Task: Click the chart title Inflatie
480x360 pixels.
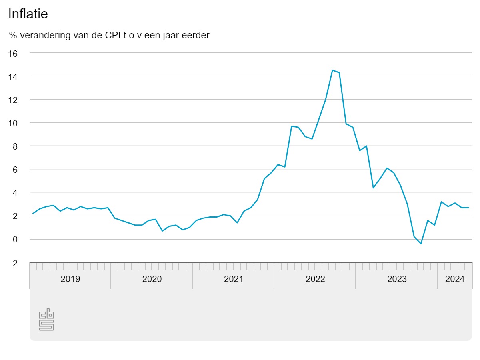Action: pyautogui.click(x=28, y=14)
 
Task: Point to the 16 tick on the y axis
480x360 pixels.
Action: pyautogui.click(x=13, y=53)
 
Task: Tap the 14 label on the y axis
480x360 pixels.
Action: pyautogui.click(x=13, y=76)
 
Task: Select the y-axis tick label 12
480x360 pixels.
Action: pyautogui.click(x=13, y=100)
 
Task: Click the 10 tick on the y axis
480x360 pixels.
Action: pyautogui.click(x=13, y=123)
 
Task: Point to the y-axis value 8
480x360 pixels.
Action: pyautogui.click(x=15, y=146)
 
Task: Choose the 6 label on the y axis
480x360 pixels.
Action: pyautogui.click(x=15, y=170)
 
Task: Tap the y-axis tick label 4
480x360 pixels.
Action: pyautogui.click(x=15, y=193)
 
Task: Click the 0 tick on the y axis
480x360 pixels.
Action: pyautogui.click(x=15, y=240)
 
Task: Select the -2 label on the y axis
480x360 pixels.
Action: pyautogui.click(x=14, y=263)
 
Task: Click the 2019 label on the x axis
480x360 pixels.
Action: pyautogui.click(x=70, y=279)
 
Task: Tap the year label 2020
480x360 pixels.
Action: pyautogui.click(x=152, y=279)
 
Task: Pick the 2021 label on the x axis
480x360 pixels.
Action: pyautogui.click(x=234, y=279)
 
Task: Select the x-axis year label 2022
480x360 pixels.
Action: pyautogui.click(x=315, y=279)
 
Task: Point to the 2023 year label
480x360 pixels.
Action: pyautogui.click(x=397, y=279)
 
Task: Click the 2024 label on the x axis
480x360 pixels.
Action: pyautogui.click(x=455, y=279)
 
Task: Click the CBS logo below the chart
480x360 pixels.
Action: pyautogui.click(x=46, y=319)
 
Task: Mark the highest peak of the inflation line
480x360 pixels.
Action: pyautogui.click(x=332, y=70)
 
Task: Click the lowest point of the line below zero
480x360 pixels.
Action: pyautogui.click(x=421, y=244)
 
